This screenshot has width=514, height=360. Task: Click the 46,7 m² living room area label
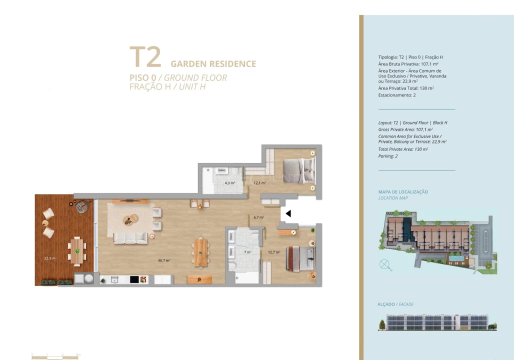[x=164, y=260]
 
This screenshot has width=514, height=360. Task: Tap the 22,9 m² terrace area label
[x=49, y=258]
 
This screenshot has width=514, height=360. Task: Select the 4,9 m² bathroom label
[x=229, y=183]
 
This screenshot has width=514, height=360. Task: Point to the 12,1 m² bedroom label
[x=259, y=183]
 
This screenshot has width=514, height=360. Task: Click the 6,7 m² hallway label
[x=258, y=217]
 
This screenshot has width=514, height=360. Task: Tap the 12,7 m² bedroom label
[x=273, y=252]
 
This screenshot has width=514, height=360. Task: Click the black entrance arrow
[x=288, y=213]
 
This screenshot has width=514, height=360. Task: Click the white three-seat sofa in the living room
[x=130, y=238]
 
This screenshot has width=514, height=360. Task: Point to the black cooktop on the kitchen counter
[x=134, y=279]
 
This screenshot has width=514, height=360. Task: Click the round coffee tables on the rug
[x=131, y=219]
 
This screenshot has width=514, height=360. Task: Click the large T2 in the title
[x=145, y=57]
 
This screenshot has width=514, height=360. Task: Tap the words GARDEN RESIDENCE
[x=213, y=64]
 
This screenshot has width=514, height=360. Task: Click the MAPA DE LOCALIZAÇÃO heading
[x=403, y=192]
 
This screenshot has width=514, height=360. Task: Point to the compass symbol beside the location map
[x=385, y=264]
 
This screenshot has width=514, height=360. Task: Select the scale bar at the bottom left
[x=55, y=355]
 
